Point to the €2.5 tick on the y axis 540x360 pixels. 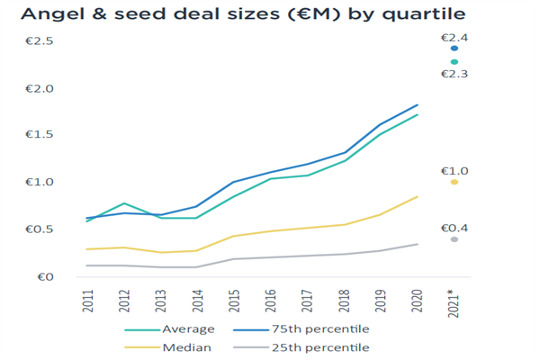coord(40,41)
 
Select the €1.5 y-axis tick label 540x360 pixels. coord(40,135)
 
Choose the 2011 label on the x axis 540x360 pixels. coord(88,301)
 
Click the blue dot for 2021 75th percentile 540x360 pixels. coord(454,49)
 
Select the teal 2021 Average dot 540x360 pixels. coord(454,61)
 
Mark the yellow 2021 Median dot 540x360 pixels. coord(454,182)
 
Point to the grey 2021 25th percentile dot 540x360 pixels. coord(454,239)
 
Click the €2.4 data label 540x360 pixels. coord(454,37)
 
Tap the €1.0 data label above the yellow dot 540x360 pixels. coord(454,170)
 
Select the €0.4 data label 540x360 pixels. coord(454,228)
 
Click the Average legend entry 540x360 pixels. coord(184,330)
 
